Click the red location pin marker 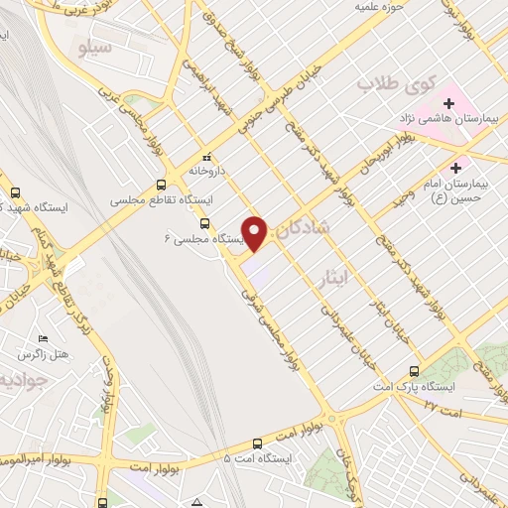[256, 232]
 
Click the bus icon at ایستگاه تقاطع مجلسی [162, 185]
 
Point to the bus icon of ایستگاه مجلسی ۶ [204, 223]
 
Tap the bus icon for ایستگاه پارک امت [414, 371]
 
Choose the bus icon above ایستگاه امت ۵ [257, 444]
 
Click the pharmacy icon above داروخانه [206, 157]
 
